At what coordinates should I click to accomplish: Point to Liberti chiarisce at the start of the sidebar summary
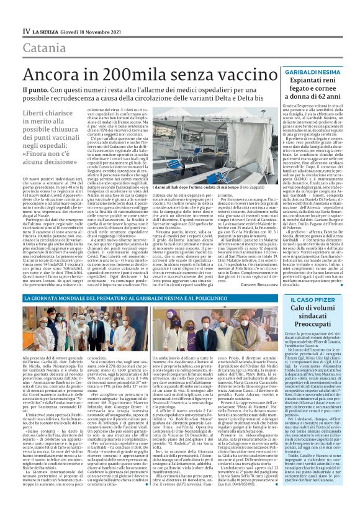(43, 114)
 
